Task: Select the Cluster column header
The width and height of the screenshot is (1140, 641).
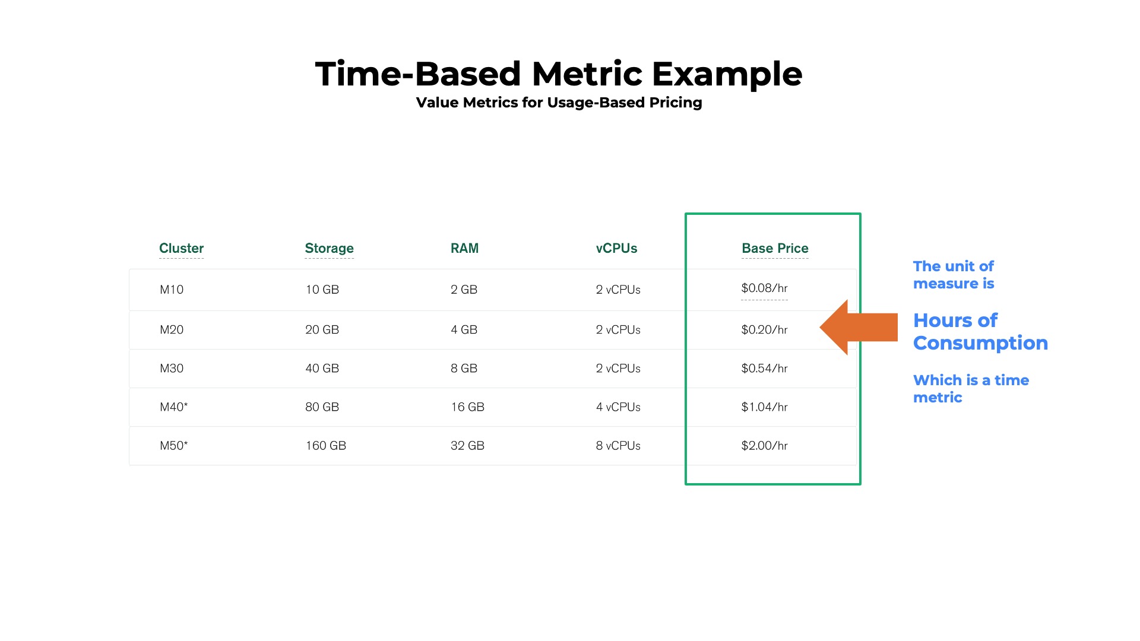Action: coord(181,248)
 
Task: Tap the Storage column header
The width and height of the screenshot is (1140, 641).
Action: coord(329,248)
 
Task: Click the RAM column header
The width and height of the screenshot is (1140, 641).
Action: coord(464,248)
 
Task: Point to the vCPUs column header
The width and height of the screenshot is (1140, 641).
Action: coord(616,248)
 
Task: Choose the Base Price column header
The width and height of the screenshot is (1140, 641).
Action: coord(775,248)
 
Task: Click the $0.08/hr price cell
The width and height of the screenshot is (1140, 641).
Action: coord(764,288)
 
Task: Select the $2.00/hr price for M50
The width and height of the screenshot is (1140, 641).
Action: coord(764,446)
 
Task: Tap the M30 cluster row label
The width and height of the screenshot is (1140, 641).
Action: coord(172,369)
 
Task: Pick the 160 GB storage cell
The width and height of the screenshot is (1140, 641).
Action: coord(325,446)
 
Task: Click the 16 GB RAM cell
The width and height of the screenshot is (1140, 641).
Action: coord(467,407)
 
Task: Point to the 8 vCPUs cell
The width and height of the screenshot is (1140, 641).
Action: coord(618,446)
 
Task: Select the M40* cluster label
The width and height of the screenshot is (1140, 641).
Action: coord(173,407)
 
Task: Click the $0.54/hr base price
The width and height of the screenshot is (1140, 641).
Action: coord(764,369)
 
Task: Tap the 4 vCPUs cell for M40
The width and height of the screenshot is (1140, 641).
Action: coord(618,407)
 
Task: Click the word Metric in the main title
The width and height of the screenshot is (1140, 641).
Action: coord(587,74)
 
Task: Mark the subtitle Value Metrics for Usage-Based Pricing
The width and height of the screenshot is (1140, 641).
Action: coord(559,103)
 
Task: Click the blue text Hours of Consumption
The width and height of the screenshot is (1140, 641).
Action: coord(980,332)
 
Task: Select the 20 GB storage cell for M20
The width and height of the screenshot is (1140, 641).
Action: coord(322,330)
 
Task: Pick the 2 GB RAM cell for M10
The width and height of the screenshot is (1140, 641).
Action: coord(464,290)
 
